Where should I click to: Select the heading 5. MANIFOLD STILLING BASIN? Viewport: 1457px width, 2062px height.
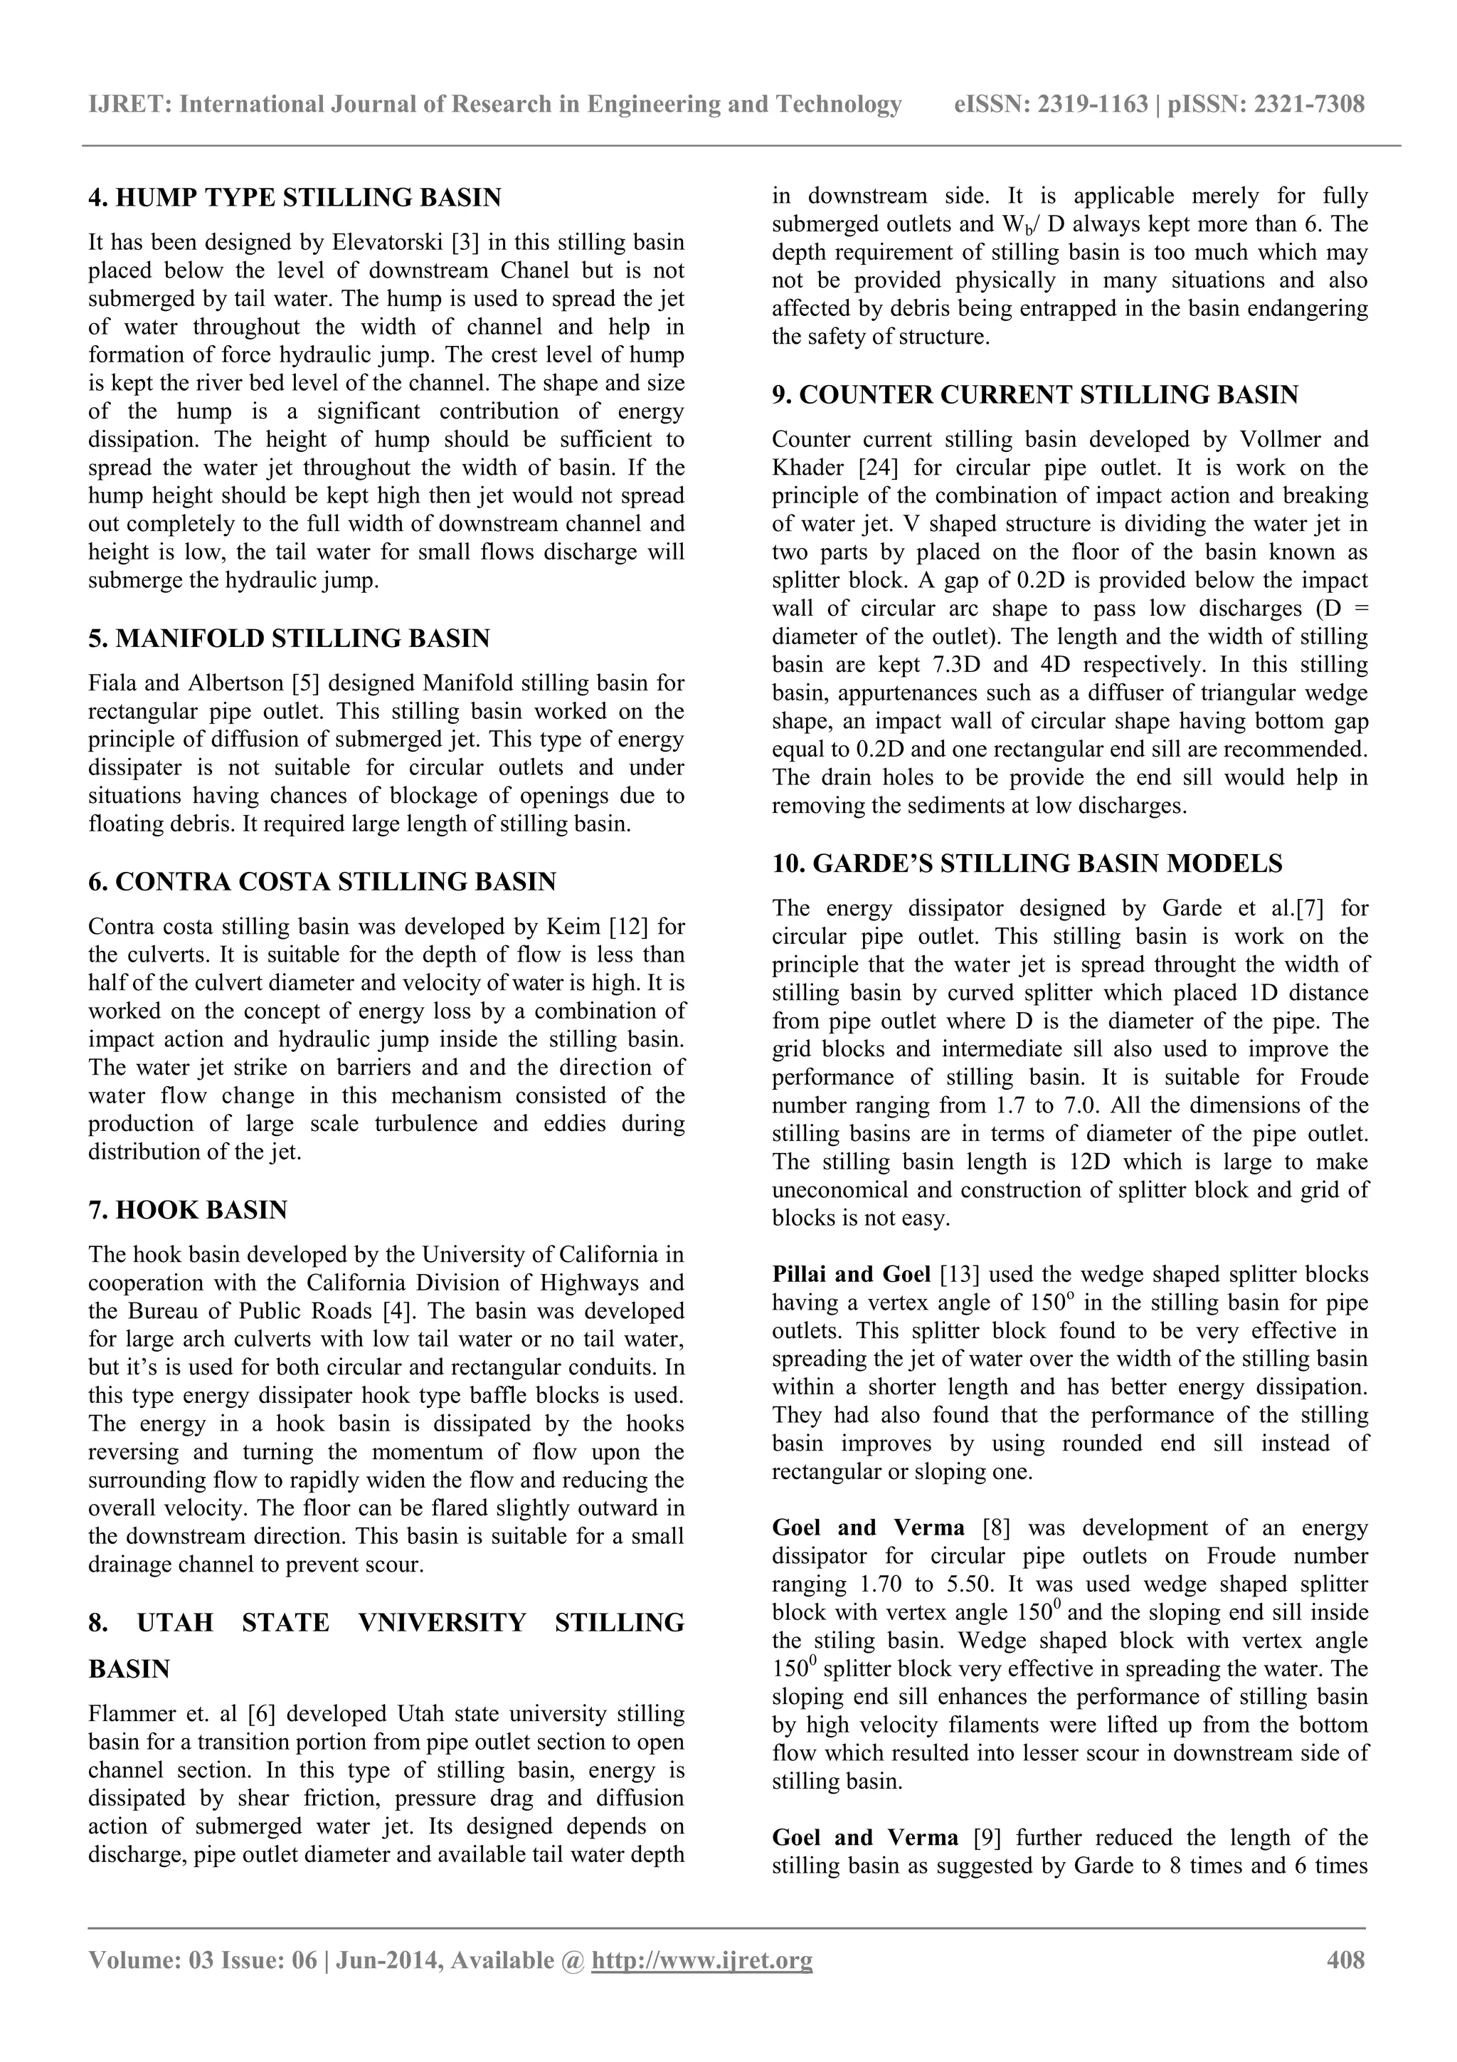(x=289, y=638)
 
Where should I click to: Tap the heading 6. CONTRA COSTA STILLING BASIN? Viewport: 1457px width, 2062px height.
(x=322, y=881)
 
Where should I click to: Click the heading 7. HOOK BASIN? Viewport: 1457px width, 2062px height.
(x=188, y=1210)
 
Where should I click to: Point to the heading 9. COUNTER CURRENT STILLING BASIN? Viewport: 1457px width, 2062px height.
(x=1035, y=394)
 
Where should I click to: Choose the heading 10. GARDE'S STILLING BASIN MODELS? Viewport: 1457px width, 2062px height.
(x=1027, y=863)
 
